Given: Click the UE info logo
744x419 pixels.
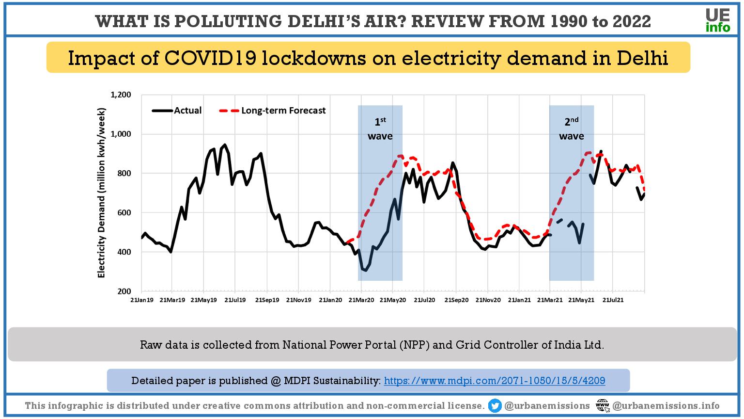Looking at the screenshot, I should pyautogui.click(x=717, y=21).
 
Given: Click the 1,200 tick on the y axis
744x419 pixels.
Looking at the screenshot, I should pyautogui.click(x=121, y=95).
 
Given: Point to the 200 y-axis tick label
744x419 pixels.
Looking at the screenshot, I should pyautogui.click(x=124, y=291).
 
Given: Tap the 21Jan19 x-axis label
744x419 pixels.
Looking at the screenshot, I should pyautogui.click(x=142, y=300).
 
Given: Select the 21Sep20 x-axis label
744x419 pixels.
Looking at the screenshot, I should pyautogui.click(x=456, y=300).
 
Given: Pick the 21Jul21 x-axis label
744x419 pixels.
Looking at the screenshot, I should pyautogui.click(x=613, y=300).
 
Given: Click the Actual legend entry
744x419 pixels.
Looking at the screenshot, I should pyautogui.click(x=177, y=111).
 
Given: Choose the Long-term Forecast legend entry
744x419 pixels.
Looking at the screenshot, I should pyautogui.click(x=273, y=111).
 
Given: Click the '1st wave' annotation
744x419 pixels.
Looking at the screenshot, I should pyautogui.click(x=380, y=129).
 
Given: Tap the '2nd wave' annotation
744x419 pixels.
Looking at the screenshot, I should pyautogui.click(x=572, y=129).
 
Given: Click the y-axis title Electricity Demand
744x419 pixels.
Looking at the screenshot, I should pyautogui.click(x=101, y=193).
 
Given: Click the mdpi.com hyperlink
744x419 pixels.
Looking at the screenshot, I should pyautogui.click(x=495, y=381).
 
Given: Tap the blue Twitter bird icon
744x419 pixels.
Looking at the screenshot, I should pyautogui.click(x=495, y=406).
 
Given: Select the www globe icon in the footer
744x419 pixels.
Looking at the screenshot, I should pyautogui.click(x=603, y=406).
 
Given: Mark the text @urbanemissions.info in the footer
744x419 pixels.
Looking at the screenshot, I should pyautogui.click(x=666, y=406).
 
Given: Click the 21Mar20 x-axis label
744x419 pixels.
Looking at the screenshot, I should pyautogui.click(x=361, y=300).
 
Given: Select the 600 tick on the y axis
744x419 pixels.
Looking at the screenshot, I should pyautogui.click(x=124, y=213).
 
